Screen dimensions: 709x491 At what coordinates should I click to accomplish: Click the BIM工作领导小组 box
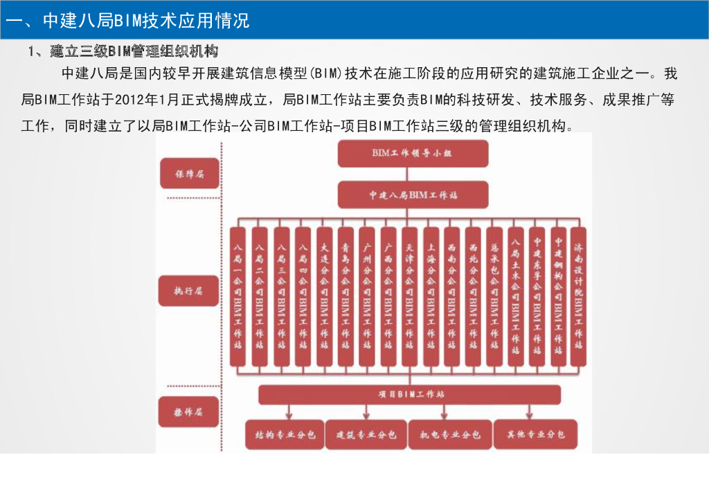point(412,154)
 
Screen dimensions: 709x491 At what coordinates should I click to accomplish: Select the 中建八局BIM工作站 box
point(412,195)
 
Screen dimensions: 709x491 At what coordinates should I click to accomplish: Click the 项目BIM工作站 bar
point(410,395)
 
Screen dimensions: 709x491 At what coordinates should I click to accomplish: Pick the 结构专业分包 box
point(285,435)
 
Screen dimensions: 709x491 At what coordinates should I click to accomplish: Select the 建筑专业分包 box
point(366,435)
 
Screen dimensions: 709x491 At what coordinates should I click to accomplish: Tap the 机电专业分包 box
point(450,435)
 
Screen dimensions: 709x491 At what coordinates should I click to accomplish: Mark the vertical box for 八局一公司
point(238,296)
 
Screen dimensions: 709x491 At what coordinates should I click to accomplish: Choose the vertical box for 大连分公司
point(324,296)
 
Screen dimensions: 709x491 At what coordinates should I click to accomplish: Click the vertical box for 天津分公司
point(409,296)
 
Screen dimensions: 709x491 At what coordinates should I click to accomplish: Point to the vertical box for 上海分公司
point(431,296)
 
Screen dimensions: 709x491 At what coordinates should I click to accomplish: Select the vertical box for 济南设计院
point(578,296)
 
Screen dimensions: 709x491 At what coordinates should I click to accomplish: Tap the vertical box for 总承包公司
point(494,296)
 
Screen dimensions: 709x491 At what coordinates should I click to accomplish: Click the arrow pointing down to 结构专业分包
point(285,413)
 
